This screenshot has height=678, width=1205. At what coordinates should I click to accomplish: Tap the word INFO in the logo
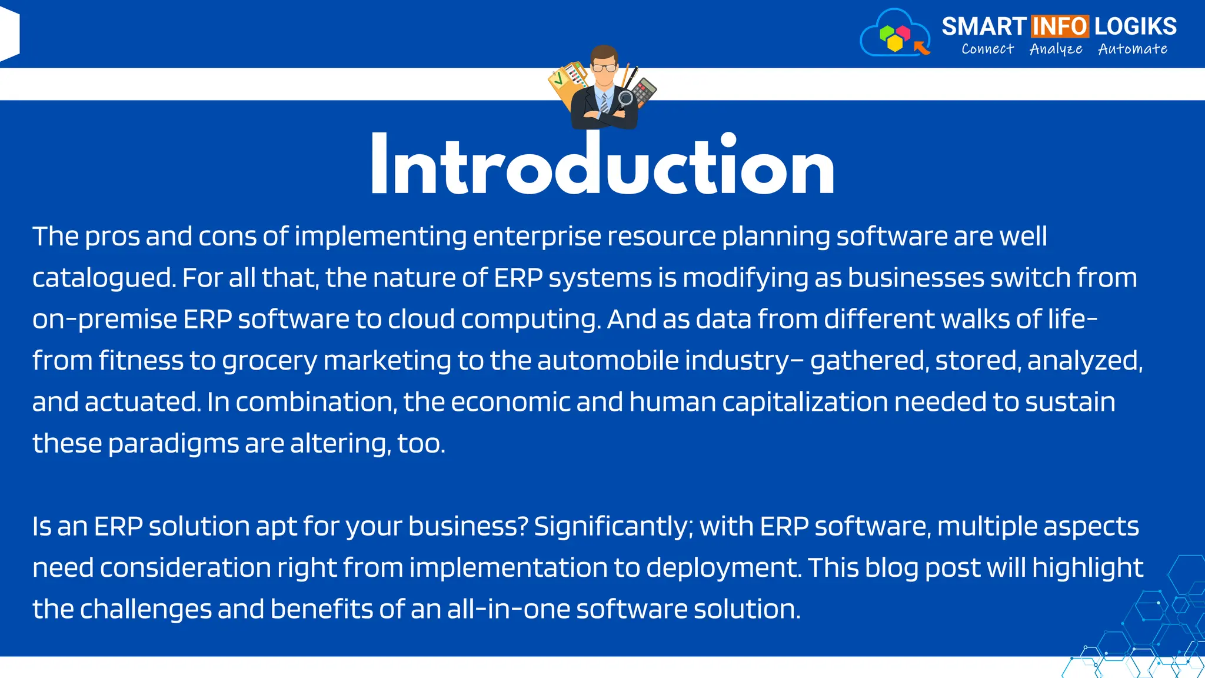tap(1060, 26)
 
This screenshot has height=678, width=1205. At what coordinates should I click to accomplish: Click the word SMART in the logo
tap(984, 26)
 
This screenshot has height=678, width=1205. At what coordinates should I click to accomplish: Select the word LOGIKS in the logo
tap(1136, 26)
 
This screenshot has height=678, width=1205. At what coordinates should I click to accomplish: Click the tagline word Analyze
tap(1056, 49)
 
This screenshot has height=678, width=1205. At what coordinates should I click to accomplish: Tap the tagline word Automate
tap(1133, 49)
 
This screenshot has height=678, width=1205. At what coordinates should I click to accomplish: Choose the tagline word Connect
tap(987, 49)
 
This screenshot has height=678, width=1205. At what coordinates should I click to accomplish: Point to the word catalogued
tap(104, 278)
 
